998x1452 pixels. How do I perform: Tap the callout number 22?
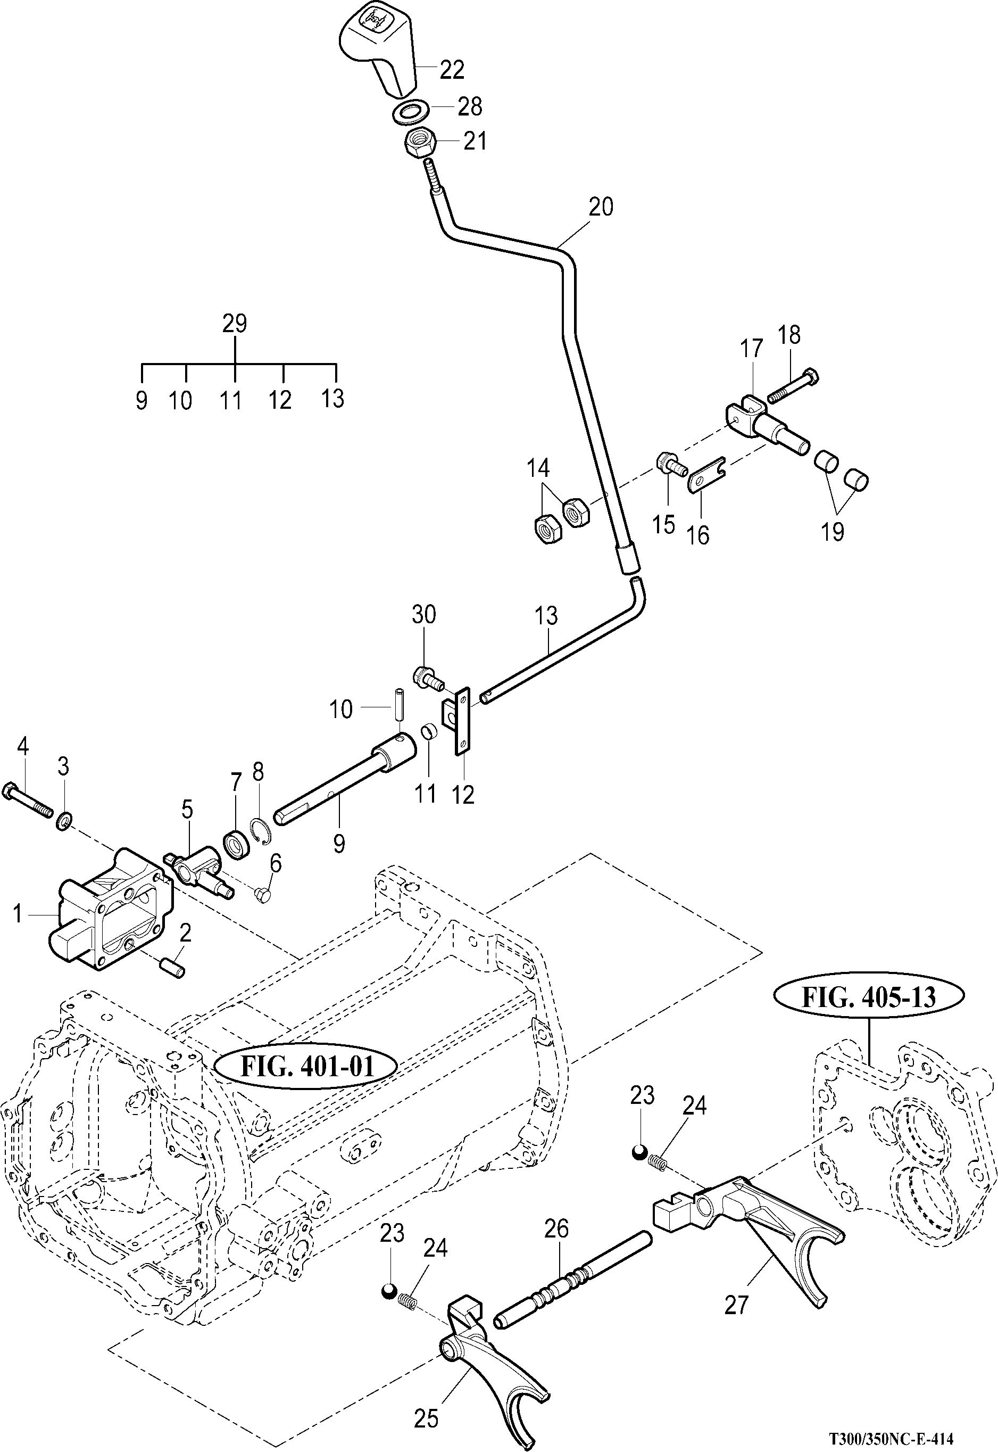coord(452,69)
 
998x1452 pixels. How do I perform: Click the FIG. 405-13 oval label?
coord(869,996)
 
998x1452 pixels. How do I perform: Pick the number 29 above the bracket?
coord(235,324)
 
